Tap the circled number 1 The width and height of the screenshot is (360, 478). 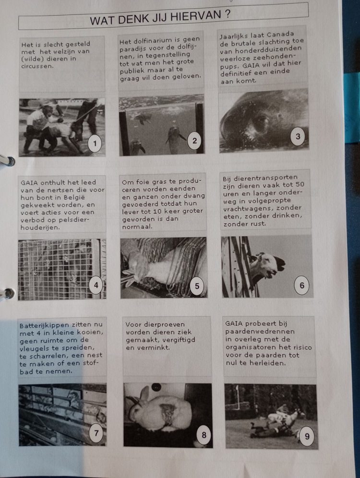click(x=95, y=143)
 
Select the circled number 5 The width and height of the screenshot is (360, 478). click(x=197, y=286)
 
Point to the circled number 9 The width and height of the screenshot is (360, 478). click(x=307, y=436)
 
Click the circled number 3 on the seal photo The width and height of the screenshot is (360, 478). click(x=298, y=136)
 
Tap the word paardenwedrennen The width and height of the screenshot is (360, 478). click(x=260, y=331)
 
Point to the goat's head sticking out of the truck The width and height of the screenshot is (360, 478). click(x=268, y=265)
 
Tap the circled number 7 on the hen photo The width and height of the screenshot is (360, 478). click(x=96, y=433)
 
